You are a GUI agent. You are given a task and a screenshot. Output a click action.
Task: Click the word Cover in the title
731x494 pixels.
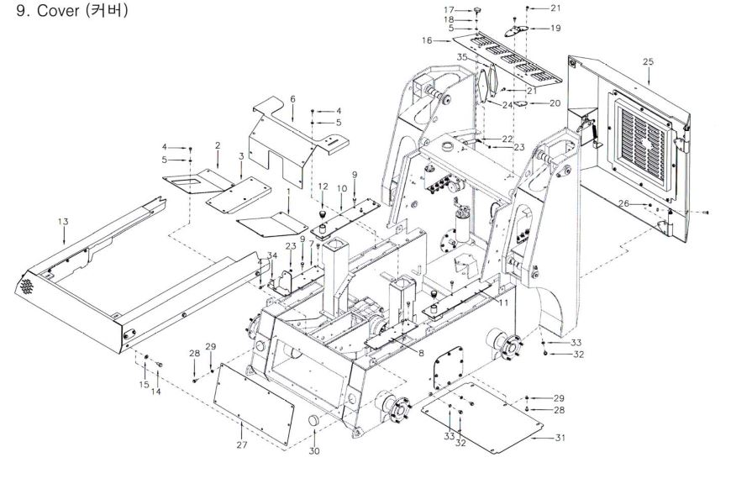tap(58, 10)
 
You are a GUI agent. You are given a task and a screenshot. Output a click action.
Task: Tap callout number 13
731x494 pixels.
tap(63, 221)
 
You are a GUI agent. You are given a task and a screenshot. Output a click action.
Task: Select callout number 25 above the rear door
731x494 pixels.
tap(648, 61)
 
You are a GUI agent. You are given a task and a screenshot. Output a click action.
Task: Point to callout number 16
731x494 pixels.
tap(427, 40)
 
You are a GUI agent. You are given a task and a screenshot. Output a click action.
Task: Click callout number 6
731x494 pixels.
tap(292, 99)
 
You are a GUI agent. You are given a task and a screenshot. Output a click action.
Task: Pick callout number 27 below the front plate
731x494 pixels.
tap(241, 445)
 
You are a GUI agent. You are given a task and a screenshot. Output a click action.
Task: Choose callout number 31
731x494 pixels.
tap(560, 438)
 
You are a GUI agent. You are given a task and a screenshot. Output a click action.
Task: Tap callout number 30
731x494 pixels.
tap(315, 451)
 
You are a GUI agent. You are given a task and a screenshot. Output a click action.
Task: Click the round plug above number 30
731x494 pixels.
tap(313, 419)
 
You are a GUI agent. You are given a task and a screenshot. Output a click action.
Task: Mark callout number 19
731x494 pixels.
tap(555, 28)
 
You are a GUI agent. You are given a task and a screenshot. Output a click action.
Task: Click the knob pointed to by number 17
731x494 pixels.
tap(477, 9)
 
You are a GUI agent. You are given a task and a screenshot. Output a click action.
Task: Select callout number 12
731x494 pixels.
tap(323, 187)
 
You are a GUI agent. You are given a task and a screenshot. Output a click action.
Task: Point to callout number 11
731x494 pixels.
tap(503, 303)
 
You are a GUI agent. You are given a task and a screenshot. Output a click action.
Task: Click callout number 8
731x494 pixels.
tap(421, 353)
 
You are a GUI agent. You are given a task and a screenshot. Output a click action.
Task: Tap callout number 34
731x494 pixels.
tap(271, 255)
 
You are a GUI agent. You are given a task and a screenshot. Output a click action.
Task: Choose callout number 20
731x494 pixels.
tap(555, 103)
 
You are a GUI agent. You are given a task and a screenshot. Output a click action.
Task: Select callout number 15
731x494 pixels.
tap(145, 385)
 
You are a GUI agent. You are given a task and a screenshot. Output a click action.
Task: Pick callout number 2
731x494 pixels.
tap(218, 146)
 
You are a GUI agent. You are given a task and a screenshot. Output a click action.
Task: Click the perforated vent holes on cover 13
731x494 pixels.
tap(27, 286)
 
